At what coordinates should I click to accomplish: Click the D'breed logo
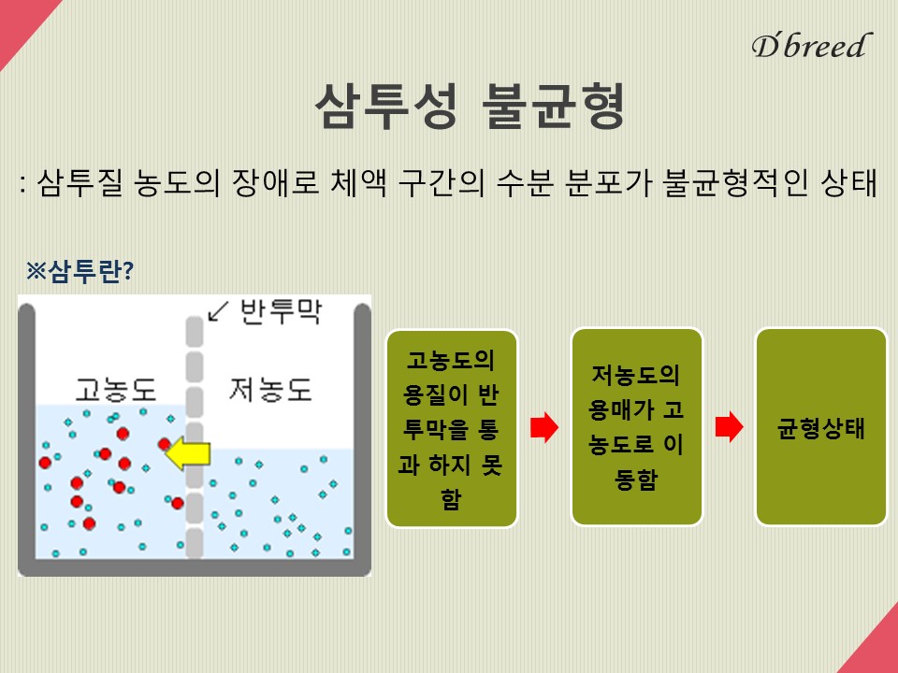pyautogui.click(x=812, y=46)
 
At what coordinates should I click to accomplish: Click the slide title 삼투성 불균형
pyautogui.click(x=470, y=106)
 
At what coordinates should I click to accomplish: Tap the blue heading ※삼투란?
pyautogui.click(x=80, y=271)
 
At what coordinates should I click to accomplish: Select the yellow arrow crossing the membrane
pyautogui.click(x=188, y=454)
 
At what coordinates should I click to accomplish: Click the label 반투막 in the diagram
pyautogui.click(x=281, y=312)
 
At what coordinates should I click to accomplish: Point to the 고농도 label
pyautogui.click(x=116, y=390)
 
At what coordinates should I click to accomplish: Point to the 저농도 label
pyautogui.click(x=270, y=390)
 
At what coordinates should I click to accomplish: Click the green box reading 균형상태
pyautogui.click(x=821, y=427)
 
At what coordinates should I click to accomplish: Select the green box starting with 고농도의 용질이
pyautogui.click(x=452, y=428)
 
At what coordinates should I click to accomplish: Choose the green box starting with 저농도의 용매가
pyautogui.click(x=637, y=427)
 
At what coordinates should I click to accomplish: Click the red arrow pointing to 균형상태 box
pyautogui.click(x=729, y=427)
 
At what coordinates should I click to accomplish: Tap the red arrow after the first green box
pyautogui.click(x=544, y=427)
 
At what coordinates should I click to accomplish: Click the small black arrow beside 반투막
pyautogui.click(x=218, y=310)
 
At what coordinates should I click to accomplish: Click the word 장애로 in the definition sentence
pyautogui.click(x=275, y=183)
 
